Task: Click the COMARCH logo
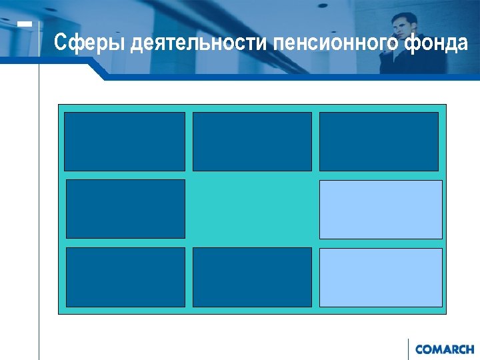click(x=445, y=349)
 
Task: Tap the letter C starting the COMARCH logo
click(x=419, y=349)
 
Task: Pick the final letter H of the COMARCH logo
click(x=470, y=349)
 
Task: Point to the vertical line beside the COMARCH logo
click(x=408, y=349)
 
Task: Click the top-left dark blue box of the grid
click(x=125, y=141)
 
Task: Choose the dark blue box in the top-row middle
click(x=252, y=141)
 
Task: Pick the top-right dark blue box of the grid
click(x=379, y=141)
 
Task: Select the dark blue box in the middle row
click(x=125, y=209)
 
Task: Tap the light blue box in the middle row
click(x=381, y=209)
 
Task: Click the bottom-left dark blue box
click(x=125, y=277)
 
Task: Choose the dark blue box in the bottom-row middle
click(x=252, y=277)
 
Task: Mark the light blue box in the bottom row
click(x=381, y=277)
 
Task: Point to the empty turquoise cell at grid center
click(x=252, y=209)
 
